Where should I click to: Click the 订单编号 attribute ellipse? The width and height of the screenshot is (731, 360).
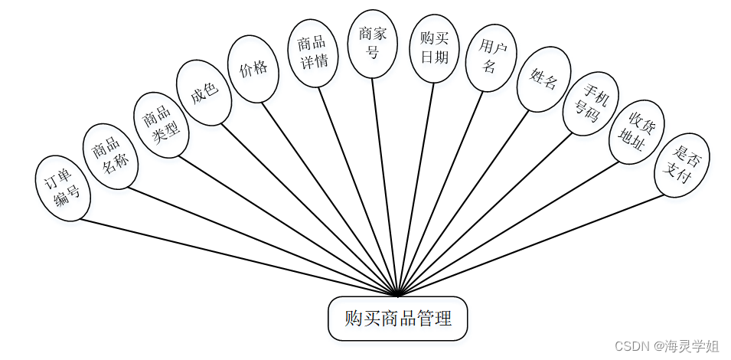tap(62, 188)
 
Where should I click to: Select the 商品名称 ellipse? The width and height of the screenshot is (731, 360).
tap(110, 155)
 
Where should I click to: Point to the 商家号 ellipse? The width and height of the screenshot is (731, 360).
tap(373, 44)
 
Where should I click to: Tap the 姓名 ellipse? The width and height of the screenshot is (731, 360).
tap(543, 79)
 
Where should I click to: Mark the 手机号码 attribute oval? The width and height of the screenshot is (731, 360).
tap(590, 104)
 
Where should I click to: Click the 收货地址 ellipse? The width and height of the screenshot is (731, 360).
tap(637, 131)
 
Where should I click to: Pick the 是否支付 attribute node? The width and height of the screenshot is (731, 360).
tap(682, 165)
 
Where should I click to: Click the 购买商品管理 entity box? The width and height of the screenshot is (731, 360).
tap(397, 319)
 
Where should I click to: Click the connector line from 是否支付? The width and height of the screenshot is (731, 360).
tap(536, 244)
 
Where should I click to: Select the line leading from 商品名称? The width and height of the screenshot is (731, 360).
tap(260, 241)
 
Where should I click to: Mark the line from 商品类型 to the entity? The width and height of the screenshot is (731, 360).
tap(291, 226)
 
